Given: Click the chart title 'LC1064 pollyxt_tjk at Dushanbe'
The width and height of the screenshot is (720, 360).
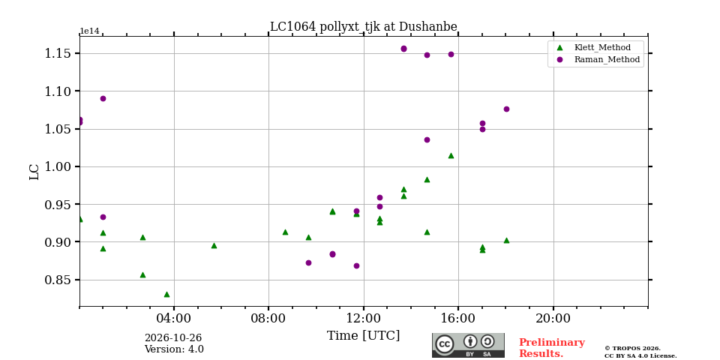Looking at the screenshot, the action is (363, 27).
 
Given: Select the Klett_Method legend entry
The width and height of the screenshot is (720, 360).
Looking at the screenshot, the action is (595, 47).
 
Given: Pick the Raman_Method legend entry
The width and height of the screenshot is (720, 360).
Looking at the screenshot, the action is (598, 59).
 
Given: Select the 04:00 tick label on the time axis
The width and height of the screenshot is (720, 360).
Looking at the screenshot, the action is (174, 318).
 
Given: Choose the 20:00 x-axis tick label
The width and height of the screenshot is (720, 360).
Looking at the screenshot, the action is (553, 318).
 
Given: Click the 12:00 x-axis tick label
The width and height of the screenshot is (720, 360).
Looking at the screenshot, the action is (364, 318).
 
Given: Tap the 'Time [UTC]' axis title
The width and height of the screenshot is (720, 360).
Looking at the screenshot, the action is (363, 336).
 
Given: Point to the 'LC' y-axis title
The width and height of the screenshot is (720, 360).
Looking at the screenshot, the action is (34, 171).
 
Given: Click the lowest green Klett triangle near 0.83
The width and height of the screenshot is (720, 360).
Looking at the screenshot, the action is (166, 294).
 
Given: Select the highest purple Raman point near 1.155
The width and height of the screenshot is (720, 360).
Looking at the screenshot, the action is (403, 49).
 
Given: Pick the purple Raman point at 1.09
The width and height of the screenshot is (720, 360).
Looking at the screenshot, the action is (103, 98).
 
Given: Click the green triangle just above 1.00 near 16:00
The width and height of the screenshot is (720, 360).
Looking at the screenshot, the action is (451, 156).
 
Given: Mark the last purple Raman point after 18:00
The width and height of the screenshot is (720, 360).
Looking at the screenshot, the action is (506, 109).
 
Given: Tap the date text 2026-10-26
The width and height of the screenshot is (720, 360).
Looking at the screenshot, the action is (173, 338).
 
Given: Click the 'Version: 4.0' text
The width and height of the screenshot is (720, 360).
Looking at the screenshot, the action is (174, 349).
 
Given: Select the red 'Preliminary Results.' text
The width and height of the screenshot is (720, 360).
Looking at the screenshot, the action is (552, 348).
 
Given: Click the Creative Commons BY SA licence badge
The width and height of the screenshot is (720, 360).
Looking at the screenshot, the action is (468, 345).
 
